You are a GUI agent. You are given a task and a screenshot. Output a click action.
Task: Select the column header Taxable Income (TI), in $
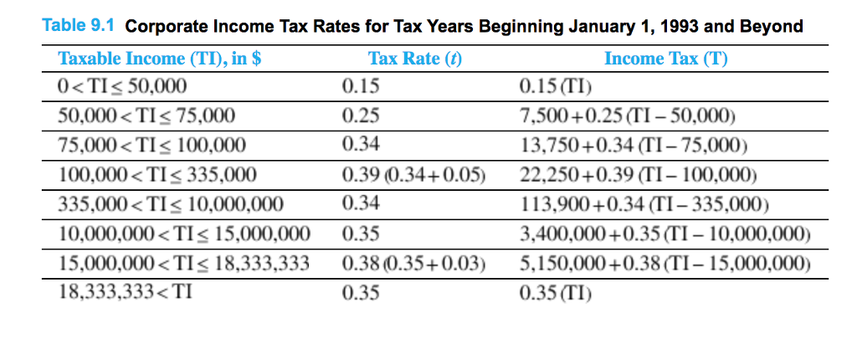tap(160, 59)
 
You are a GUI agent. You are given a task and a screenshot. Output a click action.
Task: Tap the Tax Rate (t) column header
tap(414, 59)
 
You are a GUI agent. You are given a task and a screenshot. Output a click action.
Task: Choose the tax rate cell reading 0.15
tap(361, 86)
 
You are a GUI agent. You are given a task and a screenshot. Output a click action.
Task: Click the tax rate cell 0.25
tap(361, 116)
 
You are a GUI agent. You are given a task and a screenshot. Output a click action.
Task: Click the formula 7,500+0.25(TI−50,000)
tap(628, 116)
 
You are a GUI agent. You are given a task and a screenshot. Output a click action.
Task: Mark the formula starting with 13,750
tap(632, 145)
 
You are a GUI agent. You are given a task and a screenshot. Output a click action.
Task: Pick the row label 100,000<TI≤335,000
tap(157, 175)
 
